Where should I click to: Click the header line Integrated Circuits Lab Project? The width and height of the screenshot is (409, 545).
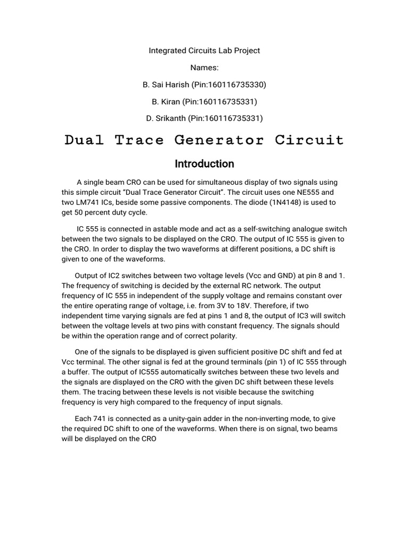(x=204, y=51)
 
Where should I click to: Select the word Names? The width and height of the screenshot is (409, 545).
(x=204, y=68)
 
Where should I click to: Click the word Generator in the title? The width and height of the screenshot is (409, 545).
(x=218, y=141)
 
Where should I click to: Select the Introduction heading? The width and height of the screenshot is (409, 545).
(x=204, y=164)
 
